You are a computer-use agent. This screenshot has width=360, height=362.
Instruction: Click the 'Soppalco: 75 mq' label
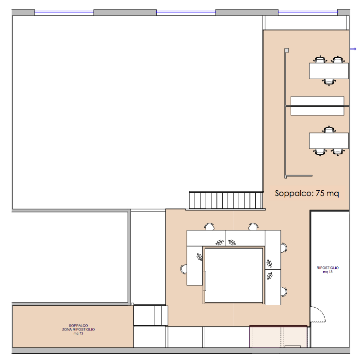(307, 193)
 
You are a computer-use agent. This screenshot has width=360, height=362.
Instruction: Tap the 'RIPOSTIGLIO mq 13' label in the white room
(327, 270)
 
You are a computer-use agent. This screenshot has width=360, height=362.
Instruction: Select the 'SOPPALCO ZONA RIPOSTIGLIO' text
(78, 328)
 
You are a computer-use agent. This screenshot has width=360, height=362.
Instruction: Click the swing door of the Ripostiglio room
(317, 314)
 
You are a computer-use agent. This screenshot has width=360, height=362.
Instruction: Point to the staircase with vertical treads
(226, 200)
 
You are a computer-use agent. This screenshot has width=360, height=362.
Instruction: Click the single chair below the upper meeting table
(329, 82)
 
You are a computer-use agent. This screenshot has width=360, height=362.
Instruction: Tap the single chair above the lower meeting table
(329, 130)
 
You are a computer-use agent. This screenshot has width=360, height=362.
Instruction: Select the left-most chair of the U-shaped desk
(184, 269)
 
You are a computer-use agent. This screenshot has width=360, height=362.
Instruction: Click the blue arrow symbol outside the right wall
(353, 49)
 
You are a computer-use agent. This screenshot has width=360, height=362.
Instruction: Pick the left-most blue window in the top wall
(64, 13)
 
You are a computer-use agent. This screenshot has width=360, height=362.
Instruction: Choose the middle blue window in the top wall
(186, 13)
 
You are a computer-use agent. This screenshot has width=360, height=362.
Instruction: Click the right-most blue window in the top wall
(308, 13)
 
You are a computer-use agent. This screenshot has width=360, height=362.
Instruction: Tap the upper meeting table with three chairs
(329, 71)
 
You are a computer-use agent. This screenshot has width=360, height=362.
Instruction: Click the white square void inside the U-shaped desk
(234, 276)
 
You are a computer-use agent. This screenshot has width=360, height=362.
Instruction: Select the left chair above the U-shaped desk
(209, 227)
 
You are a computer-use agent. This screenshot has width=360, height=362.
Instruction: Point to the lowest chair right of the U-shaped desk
(284, 292)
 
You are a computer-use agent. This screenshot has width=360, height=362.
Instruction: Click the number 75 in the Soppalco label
(320, 193)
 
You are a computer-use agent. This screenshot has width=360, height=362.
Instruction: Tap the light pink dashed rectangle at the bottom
(278, 336)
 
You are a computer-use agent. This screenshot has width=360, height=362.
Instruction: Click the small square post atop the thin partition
(287, 50)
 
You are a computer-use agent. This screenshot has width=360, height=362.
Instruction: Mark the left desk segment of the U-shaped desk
(195, 266)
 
